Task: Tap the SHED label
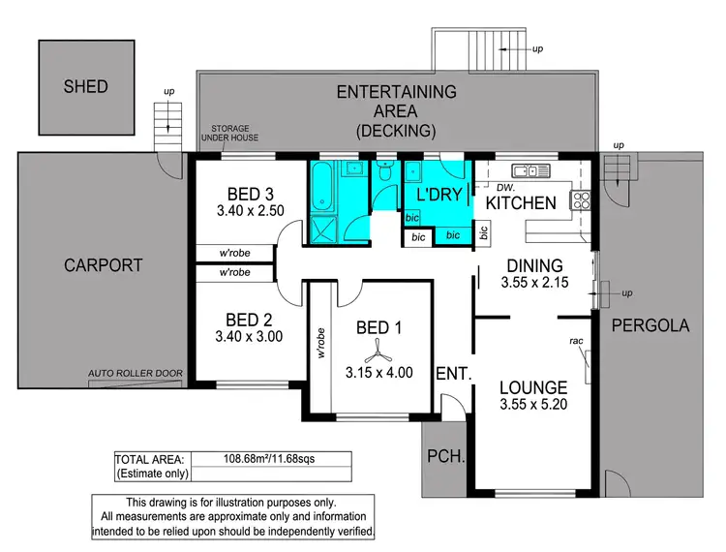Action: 85,86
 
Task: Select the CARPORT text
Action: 103,264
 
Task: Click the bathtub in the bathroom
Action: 322,186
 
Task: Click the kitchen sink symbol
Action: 532,171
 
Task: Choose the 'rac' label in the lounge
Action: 576,341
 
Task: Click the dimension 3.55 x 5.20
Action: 534,406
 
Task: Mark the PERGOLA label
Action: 650,326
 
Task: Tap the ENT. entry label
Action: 453,374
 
